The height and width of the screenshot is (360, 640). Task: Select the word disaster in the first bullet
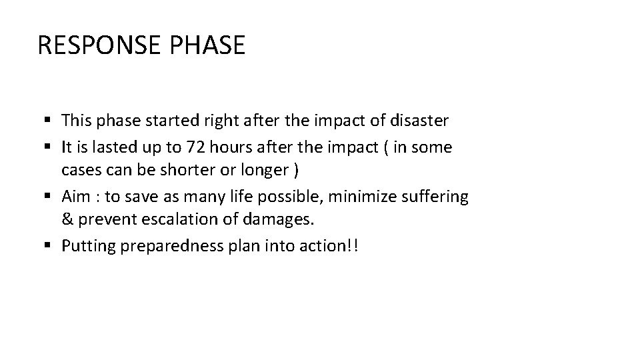(x=421, y=121)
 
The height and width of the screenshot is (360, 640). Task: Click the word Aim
(x=75, y=197)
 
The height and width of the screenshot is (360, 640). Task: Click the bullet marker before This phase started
(x=51, y=121)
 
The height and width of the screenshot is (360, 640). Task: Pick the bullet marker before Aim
(x=51, y=197)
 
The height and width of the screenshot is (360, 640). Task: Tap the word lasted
(x=114, y=147)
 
